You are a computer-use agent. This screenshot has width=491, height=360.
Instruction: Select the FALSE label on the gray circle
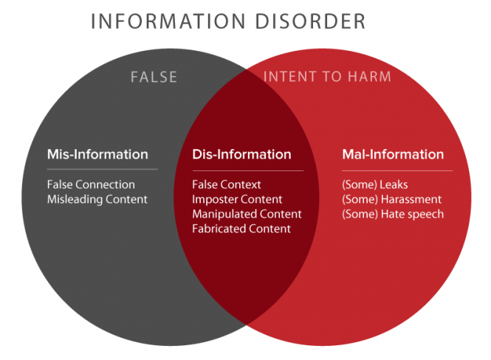(154, 76)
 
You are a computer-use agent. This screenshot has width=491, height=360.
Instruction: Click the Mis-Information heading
(97, 155)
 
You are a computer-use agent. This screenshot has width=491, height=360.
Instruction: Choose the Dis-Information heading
(241, 155)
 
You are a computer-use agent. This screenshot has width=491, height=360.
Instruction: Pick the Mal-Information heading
(393, 155)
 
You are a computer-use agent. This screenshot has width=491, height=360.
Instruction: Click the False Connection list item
(91, 184)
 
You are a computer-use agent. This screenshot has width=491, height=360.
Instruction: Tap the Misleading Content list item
(97, 199)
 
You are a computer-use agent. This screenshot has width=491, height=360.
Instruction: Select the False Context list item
(227, 184)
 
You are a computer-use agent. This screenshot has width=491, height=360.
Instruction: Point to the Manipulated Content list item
(247, 214)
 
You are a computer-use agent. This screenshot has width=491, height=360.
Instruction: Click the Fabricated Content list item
(241, 229)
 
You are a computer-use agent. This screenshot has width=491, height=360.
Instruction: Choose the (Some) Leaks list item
(375, 184)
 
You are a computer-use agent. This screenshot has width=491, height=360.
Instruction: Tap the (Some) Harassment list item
(392, 199)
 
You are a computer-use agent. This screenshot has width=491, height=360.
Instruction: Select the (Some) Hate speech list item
(393, 214)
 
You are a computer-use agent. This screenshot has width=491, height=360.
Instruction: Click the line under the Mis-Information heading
(102, 170)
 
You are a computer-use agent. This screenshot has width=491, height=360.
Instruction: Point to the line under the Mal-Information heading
(396, 170)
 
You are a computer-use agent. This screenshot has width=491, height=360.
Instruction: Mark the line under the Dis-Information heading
(247, 170)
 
